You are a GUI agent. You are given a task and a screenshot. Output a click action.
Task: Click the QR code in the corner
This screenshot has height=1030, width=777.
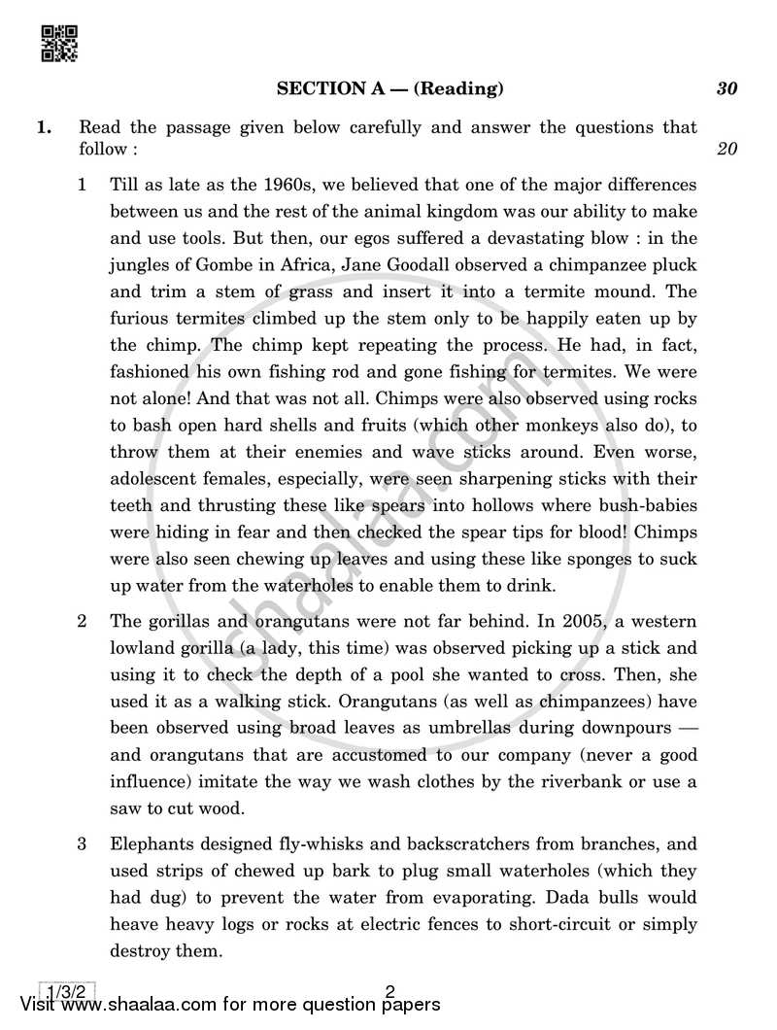(x=60, y=45)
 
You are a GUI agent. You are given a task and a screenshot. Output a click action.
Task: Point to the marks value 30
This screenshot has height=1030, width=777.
(x=726, y=89)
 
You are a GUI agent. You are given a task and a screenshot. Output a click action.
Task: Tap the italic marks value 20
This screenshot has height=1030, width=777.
(x=726, y=149)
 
